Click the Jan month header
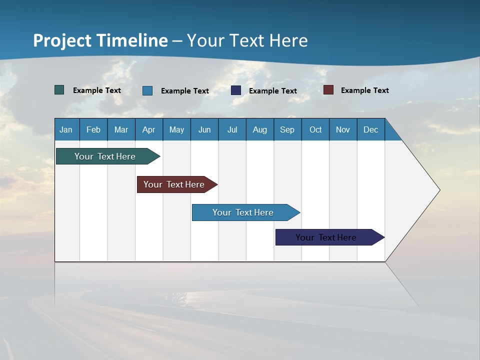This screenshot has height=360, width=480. click(x=66, y=129)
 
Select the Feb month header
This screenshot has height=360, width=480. click(x=93, y=129)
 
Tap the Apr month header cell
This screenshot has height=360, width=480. click(x=149, y=129)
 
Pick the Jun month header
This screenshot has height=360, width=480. click(x=204, y=129)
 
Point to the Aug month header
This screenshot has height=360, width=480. click(x=260, y=129)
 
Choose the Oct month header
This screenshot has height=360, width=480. click(x=315, y=129)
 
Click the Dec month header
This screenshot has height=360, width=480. click(x=371, y=129)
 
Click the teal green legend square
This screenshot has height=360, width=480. click(x=59, y=90)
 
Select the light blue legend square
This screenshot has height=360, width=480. click(x=147, y=90)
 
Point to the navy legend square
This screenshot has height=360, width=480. click(x=236, y=90)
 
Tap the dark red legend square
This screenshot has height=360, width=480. click(x=328, y=90)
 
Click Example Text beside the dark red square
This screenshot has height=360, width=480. click(x=364, y=90)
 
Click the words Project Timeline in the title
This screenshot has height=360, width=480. click(x=100, y=40)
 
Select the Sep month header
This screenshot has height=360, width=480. click(x=287, y=129)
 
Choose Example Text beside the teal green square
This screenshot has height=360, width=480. click(x=97, y=90)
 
